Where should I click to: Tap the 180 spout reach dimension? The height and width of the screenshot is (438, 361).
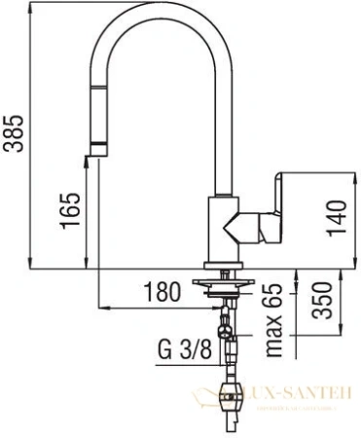[x=162, y=290]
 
